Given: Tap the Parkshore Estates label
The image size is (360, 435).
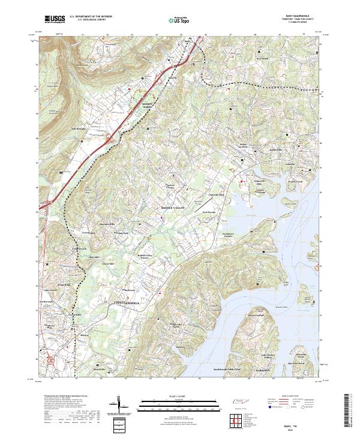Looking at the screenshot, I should tap(223, 235).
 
